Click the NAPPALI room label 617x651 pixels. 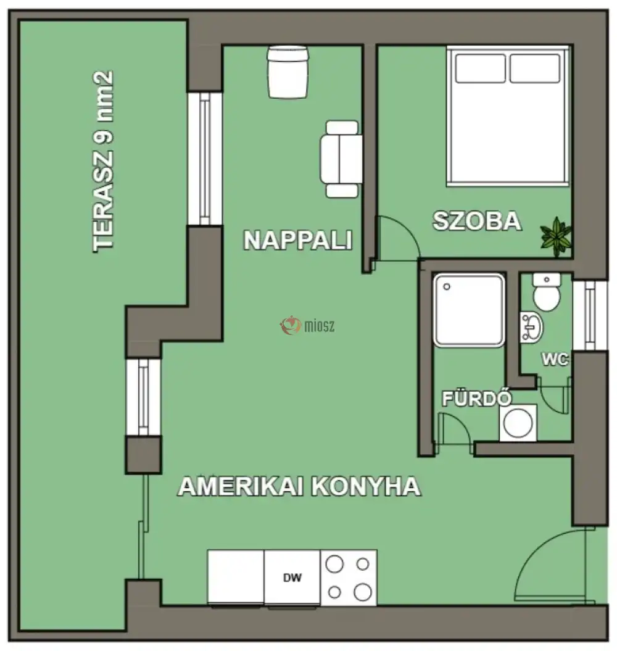(298, 240)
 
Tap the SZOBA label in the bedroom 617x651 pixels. (477, 220)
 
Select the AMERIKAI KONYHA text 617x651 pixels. (299, 486)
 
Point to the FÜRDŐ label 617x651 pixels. (477, 398)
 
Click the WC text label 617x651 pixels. (555, 359)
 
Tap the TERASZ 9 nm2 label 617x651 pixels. (103, 161)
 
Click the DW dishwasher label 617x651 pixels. (292, 578)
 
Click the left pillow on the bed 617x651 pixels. (480, 68)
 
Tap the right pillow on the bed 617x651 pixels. (535, 68)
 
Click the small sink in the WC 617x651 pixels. (531, 327)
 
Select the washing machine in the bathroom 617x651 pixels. (518, 423)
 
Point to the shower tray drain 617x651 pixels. (447, 286)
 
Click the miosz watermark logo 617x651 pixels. (307, 326)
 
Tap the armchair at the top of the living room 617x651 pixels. (288, 72)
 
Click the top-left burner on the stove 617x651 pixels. (334, 564)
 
